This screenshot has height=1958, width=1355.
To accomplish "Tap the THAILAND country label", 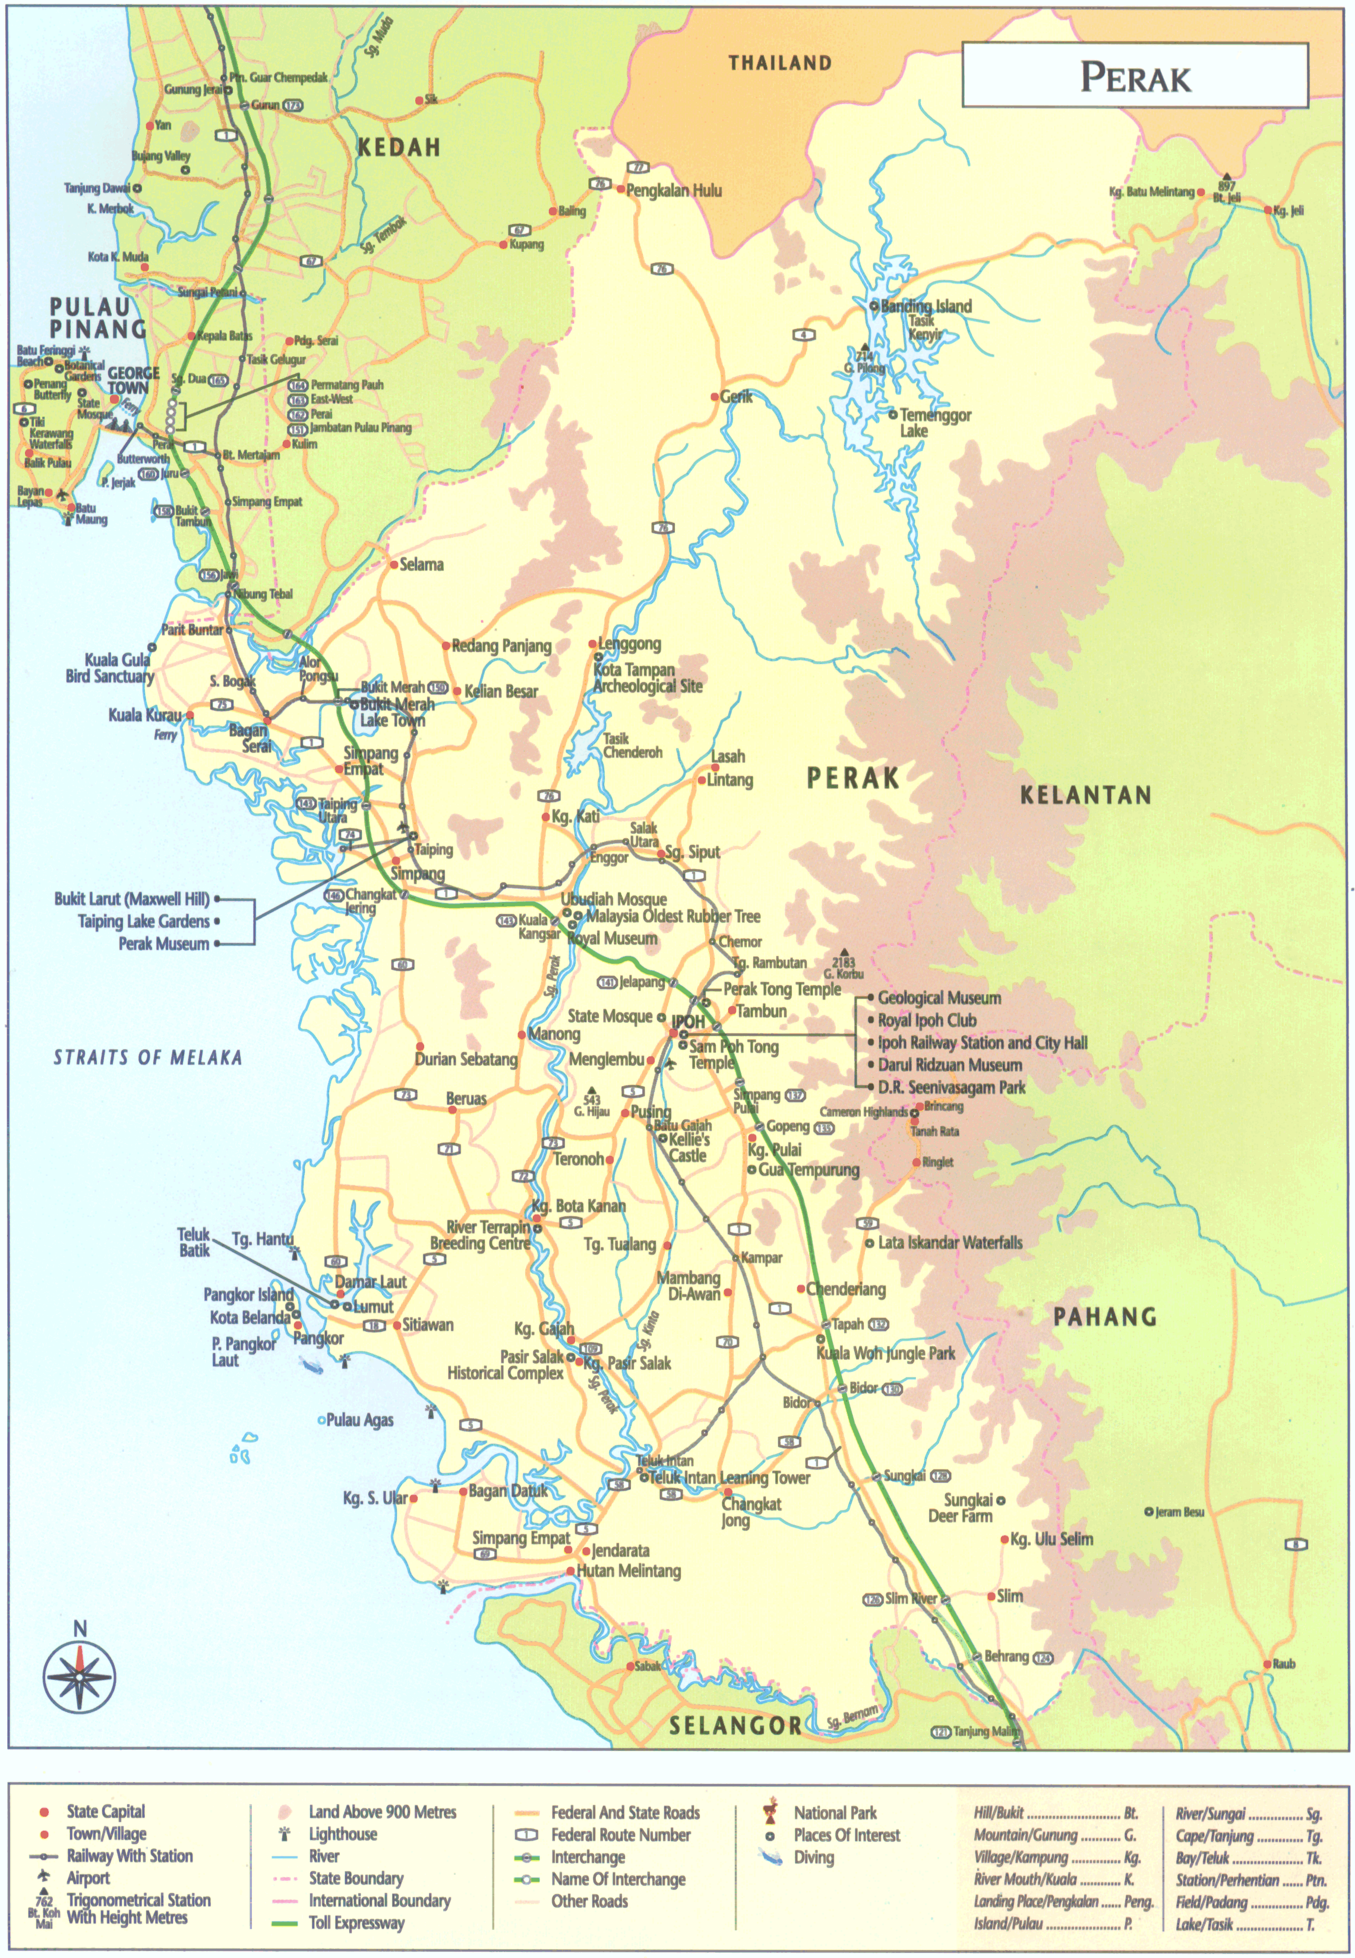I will coord(779,63).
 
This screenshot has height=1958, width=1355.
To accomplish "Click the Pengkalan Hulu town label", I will coord(673,190).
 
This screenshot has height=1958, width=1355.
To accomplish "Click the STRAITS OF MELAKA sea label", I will coord(148,1057).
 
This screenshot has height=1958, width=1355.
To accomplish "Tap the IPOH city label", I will coord(688,1021).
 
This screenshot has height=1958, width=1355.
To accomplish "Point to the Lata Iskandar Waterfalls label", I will coord(949,1242).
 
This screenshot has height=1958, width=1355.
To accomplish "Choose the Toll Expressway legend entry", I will coord(356,1923).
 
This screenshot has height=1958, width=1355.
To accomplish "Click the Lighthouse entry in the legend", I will coord(342,1833).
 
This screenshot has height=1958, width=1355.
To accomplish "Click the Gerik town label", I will coord(735,396).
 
